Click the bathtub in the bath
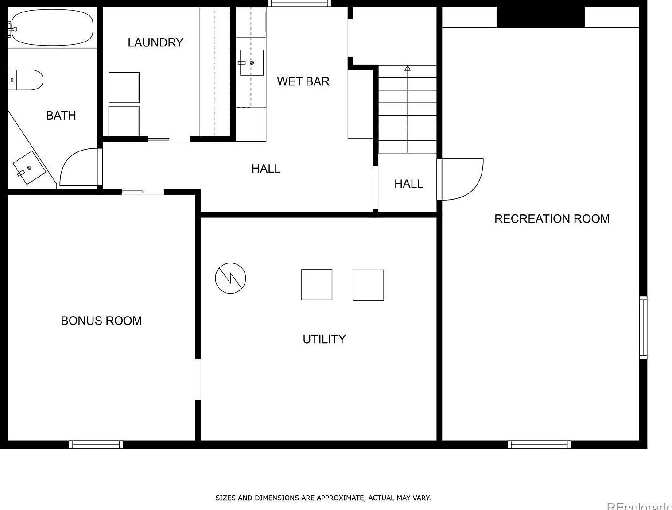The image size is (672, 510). (52, 27)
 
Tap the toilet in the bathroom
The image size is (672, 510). (27, 80)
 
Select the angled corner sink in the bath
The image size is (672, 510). (29, 168)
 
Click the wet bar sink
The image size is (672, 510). (252, 62)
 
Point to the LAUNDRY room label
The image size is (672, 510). (155, 42)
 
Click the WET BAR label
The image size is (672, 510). (303, 81)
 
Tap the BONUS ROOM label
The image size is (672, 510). (101, 321)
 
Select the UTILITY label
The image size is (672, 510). (324, 339)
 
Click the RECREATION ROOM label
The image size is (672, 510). (552, 219)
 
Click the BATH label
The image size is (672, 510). (61, 116)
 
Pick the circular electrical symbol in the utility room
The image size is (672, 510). (230, 278)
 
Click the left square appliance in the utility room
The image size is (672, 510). (317, 285)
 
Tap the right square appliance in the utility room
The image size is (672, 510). (368, 285)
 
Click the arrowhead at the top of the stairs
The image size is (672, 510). (408, 68)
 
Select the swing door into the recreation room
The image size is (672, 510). (461, 179)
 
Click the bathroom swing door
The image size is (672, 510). (79, 167)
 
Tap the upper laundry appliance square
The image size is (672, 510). (124, 87)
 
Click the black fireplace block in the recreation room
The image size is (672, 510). (540, 17)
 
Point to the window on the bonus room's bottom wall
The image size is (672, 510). (96, 444)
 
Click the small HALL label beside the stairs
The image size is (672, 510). (408, 184)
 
